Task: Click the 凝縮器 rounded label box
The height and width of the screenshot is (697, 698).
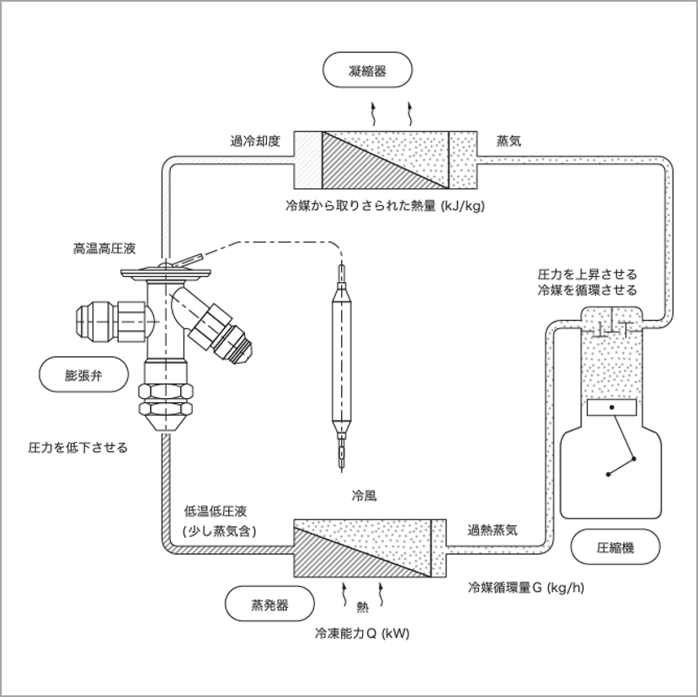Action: (368, 71)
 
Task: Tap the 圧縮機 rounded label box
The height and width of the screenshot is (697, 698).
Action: (615, 547)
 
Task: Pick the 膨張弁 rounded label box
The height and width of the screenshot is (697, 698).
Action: (83, 371)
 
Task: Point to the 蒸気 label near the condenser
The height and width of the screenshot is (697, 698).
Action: (509, 141)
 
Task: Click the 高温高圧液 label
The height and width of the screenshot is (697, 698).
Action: (104, 248)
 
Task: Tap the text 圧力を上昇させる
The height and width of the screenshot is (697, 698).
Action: (587, 274)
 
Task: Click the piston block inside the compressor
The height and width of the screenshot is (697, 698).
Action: (611, 408)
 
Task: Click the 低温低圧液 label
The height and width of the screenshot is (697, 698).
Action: (215, 512)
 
